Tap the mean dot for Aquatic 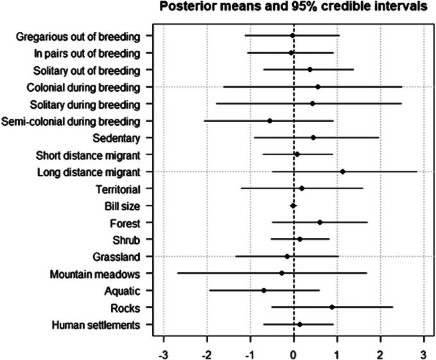click(264, 291)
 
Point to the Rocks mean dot click(332, 307)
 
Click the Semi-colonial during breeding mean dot click(270, 121)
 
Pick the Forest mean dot click(320, 223)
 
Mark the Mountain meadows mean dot click(281, 273)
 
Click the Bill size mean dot click(293, 205)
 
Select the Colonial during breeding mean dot click(317, 86)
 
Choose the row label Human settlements click(95, 325)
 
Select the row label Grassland click(116, 257)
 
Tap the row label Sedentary click(117, 137)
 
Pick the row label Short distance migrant click(89, 155)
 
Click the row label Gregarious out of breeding click(78, 36)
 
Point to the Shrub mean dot click(299, 239)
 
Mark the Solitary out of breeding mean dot click(310, 69)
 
